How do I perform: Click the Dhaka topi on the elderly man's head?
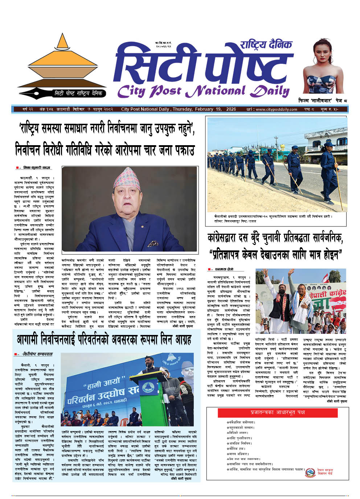click(x=127, y=179)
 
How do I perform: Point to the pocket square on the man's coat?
click(x=153, y=244)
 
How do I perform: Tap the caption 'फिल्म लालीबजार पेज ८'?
click(x=323, y=100)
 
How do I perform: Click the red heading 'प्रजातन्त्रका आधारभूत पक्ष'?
click(x=278, y=412)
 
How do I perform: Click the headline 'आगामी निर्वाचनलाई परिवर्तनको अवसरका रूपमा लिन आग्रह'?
click(x=104, y=340)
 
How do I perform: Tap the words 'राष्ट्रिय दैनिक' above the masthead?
click(x=266, y=45)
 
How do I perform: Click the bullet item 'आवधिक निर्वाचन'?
click(x=240, y=443)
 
